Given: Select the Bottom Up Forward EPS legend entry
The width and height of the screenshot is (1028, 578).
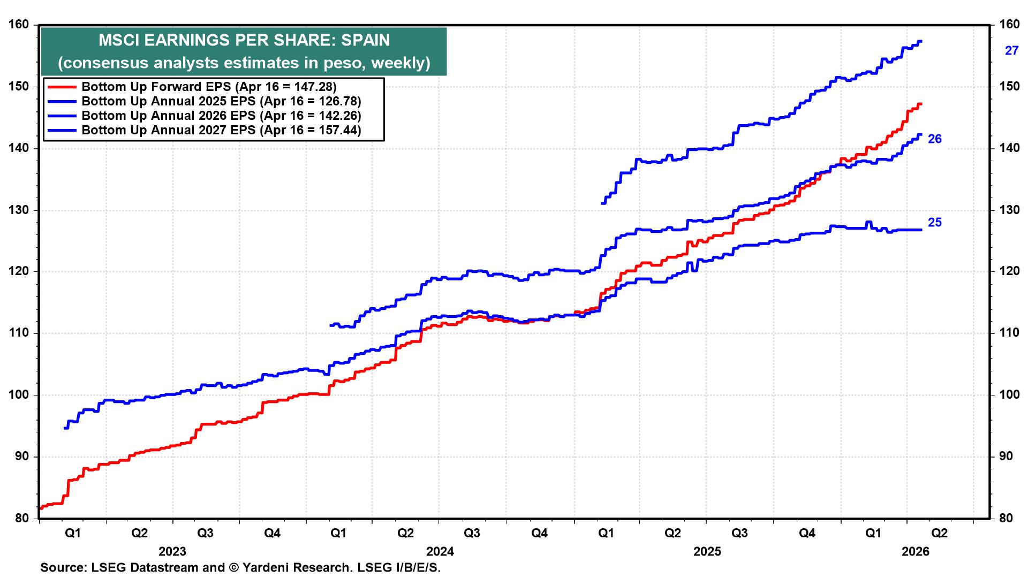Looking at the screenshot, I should tap(209, 87).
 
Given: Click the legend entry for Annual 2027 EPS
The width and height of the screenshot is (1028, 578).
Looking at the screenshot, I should tap(221, 130).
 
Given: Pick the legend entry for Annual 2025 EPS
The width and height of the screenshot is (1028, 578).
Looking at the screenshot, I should tap(221, 101).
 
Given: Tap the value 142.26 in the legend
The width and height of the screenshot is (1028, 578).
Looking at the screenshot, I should tap(340, 116).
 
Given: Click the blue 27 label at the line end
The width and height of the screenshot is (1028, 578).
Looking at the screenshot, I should tap(1011, 51).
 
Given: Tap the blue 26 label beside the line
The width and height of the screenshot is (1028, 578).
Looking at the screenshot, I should tap(934, 139).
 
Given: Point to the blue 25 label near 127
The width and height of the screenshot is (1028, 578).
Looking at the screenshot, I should tap(934, 223).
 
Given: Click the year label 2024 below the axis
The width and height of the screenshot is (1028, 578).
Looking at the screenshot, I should tap(440, 552).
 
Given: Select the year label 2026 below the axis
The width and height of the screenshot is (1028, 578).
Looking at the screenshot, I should tap(916, 552).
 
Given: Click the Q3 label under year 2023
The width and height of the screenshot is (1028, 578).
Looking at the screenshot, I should tap(205, 534).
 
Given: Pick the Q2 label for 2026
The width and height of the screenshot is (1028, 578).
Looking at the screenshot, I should tap(940, 534).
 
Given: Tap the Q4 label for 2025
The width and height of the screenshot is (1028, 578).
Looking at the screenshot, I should tap(807, 534).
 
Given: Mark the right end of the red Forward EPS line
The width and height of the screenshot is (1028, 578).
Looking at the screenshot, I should tap(920, 104).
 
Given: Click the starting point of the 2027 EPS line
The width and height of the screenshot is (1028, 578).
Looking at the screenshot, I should tap(603, 203).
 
